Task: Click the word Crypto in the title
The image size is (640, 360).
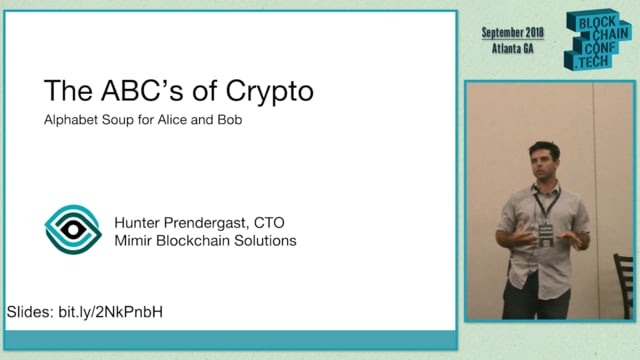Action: point(265,91)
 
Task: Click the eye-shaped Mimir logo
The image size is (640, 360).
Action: point(73,229)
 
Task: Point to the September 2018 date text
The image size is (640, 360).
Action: point(518,32)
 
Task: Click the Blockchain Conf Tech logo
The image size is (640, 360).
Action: point(598,40)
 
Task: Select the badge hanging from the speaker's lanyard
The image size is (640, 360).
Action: point(546,233)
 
